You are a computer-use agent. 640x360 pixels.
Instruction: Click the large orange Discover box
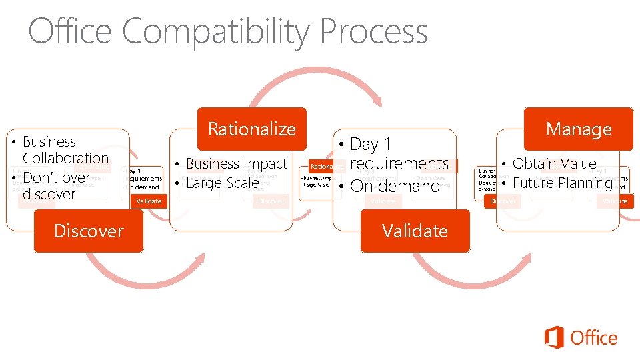[x=89, y=231]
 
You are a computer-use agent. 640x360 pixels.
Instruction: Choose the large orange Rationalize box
[x=251, y=129]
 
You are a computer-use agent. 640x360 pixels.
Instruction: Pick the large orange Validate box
[x=415, y=231]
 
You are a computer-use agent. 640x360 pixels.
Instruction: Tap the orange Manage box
[x=578, y=129]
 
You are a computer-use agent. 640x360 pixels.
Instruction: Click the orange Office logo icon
[x=554, y=337]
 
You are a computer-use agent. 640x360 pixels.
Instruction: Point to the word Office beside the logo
[x=594, y=338]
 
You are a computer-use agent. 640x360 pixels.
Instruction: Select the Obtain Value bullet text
[x=554, y=163]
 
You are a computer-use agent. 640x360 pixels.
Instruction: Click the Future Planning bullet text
[x=562, y=183]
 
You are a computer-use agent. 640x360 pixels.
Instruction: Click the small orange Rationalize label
[x=324, y=166]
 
